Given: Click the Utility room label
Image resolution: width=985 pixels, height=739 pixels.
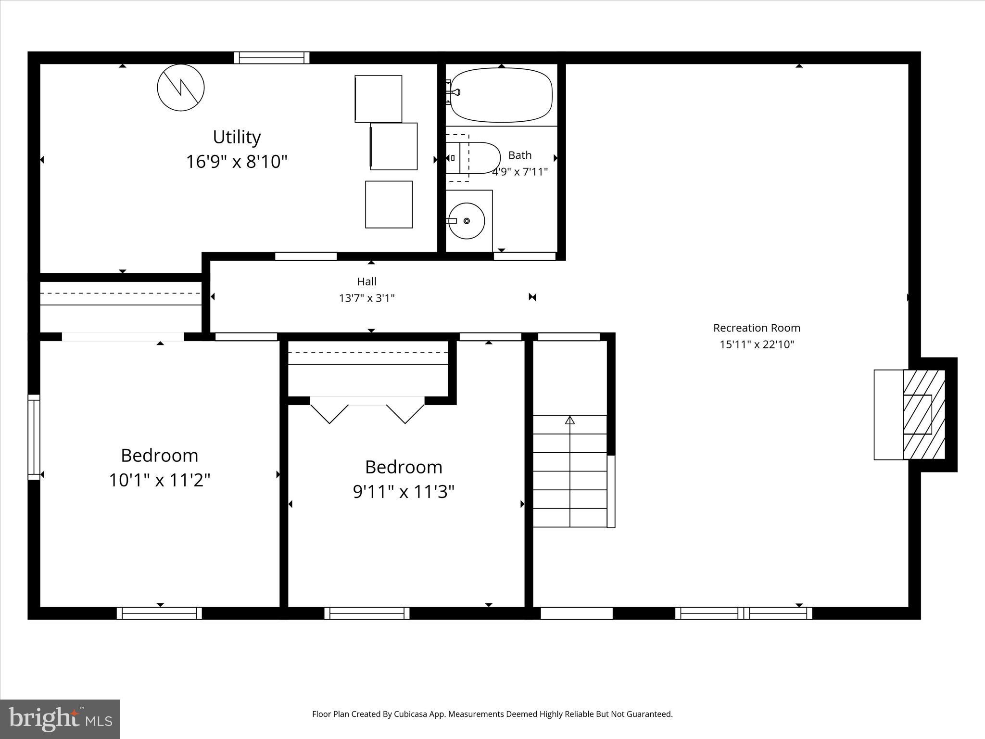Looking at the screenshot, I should [237, 137].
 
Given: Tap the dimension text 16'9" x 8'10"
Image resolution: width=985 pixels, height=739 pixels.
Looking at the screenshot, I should [237, 162].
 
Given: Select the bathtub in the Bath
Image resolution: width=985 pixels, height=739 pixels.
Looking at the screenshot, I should [501, 95].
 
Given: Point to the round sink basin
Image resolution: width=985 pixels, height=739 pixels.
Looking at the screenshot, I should [466, 221].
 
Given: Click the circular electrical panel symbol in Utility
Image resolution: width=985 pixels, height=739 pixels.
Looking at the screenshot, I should [181, 88].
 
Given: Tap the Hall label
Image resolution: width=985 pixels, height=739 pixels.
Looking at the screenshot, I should [366, 281].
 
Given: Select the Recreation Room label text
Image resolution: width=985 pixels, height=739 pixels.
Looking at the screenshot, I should [757, 328].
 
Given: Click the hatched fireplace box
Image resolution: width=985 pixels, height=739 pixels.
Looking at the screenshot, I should [924, 414].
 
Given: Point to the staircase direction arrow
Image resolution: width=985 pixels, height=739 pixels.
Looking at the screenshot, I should [570, 420].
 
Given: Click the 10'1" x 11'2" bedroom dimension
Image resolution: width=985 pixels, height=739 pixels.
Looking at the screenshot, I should [160, 480].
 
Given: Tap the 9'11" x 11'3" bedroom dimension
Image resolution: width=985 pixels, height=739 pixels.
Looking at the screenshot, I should [404, 492].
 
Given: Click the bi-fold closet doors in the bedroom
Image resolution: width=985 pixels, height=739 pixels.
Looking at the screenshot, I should [367, 409].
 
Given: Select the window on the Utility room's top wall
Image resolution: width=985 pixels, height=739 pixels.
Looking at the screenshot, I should [272, 58].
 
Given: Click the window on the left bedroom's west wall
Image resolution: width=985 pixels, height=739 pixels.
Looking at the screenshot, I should [34, 437].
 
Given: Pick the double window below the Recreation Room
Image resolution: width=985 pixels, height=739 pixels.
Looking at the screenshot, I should [744, 613].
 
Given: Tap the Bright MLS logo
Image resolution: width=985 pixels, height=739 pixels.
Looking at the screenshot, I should [60, 719].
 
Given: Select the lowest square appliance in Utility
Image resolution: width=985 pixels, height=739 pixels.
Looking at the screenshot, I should [389, 204].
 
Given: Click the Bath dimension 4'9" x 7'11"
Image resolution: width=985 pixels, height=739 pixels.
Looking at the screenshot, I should [520, 172].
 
